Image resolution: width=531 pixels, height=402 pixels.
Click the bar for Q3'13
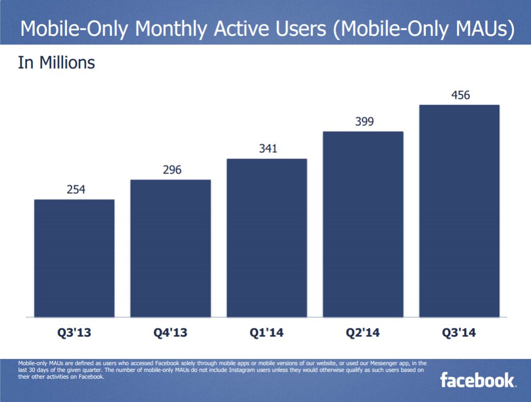point(74,258)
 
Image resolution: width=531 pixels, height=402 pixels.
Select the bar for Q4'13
point(171,248)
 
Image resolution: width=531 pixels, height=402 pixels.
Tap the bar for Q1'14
point(267,238)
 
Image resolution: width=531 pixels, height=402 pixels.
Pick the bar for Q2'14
point(363,224)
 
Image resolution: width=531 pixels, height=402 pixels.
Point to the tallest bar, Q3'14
point(459,211)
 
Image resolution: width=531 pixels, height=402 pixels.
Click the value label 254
point(76,190)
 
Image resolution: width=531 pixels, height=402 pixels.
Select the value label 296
point(171,170)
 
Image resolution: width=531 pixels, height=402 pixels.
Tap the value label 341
point(268,149)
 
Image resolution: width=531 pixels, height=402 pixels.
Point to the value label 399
point(364,122)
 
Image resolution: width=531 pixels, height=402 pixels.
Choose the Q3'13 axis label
point(74,333)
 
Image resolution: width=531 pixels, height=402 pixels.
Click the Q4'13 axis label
point(171,333)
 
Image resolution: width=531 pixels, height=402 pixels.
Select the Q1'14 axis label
point(267,333)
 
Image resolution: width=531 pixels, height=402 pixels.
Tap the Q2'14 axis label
point(363,333)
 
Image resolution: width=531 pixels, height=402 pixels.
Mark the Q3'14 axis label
point(459,333)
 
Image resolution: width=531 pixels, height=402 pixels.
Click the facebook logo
point(478,380)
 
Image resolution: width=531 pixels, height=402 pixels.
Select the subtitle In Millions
point(57,63)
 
